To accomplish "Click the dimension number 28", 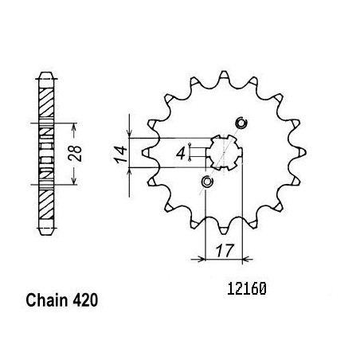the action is pyautogui.click(x=75, y=154).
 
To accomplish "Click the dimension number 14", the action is pyautogui.click(x=120, y=154).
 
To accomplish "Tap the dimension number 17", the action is pyautogui.click(x=225, y=250).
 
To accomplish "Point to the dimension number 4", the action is pyautogui.click(x=181, y=154).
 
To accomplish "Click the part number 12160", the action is pyautogui.click(x=247, y=288).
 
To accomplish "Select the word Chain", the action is pyautogui.click(x=47, y=300).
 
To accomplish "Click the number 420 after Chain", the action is pyautogui.click(x=85, y=300).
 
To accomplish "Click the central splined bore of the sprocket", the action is pyautogui.click(x=225, y=152).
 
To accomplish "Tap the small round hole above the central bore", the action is pyautogui.click(x=241, y=123).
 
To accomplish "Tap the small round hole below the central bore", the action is pyautogui.click(x=207, y=182).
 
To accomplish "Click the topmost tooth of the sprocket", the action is pyautogui.click(x=224, y=75).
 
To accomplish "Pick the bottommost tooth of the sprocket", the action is pyautogui.click(x=224, y=230).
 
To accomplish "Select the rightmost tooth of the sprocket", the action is pyautogui.click(x=301, y=152).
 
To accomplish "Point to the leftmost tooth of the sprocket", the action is pyautogui.click(x=147, y=152).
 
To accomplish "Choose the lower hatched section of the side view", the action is pyautogui.click(x=46, y=204).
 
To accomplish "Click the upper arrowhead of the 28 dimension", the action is pyautogui.click(x=74, y=127).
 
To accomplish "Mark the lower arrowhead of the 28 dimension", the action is pyautogui.click(x=74, y=180).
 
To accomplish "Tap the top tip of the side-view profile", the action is pyautogui.click(x=46, y=72).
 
